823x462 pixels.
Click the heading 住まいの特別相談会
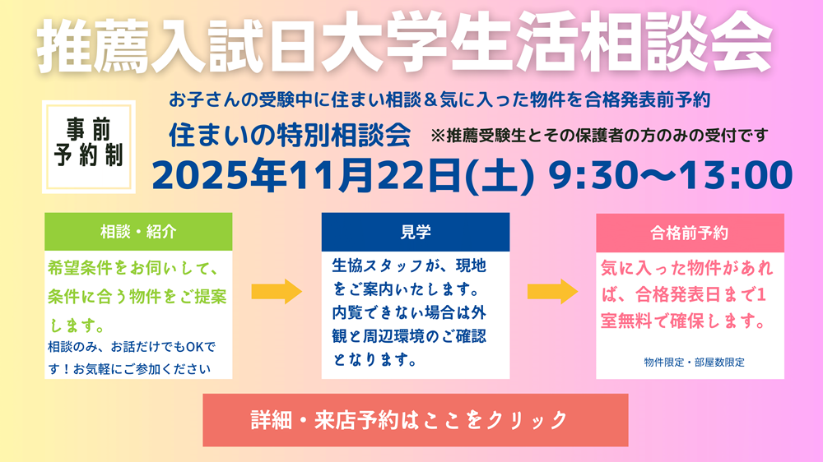[x=289, y=135]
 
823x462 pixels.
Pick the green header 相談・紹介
[x=138, y=232]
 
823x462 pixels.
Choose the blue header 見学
[x=416, y=232]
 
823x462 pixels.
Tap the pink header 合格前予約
[x=690, y=233]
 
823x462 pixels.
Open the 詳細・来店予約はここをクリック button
[x=415, y=419]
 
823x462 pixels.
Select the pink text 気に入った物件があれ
[x=688, y=269]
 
